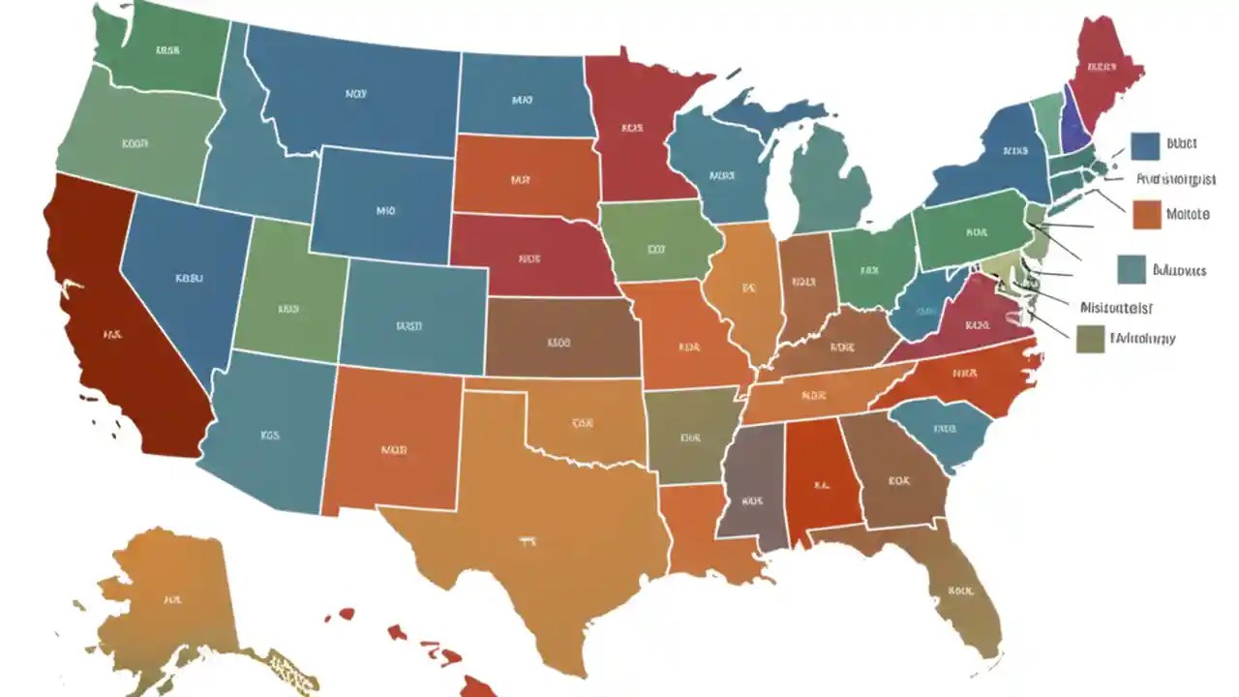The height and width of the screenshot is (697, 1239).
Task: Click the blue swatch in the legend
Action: [1144, 145]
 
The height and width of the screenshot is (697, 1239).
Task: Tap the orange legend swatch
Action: [1144, 214]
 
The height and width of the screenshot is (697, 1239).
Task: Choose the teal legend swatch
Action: [1131, 270]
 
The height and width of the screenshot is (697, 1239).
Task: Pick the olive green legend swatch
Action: [1090, 339]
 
